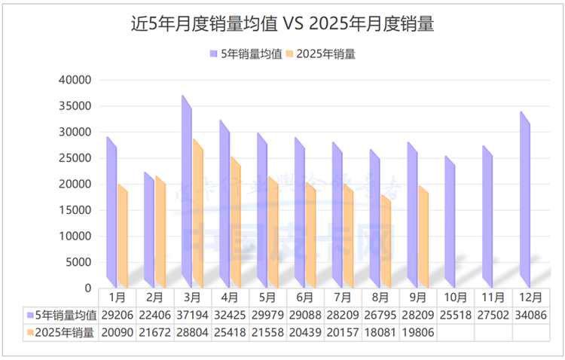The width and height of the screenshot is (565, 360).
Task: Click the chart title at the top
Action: point(282,24)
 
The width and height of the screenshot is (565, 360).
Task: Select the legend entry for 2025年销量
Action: point(325,53)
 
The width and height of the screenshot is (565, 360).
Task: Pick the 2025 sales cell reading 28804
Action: point(193,332)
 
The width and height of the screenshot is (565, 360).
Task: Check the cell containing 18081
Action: point(380,332)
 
